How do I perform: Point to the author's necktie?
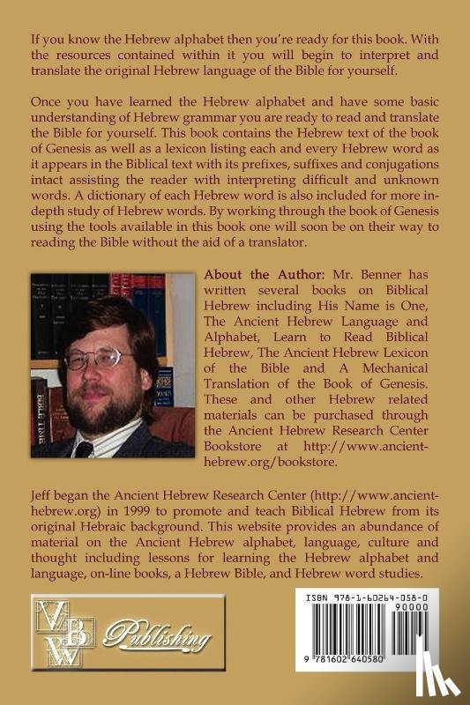tap(86, 449)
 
